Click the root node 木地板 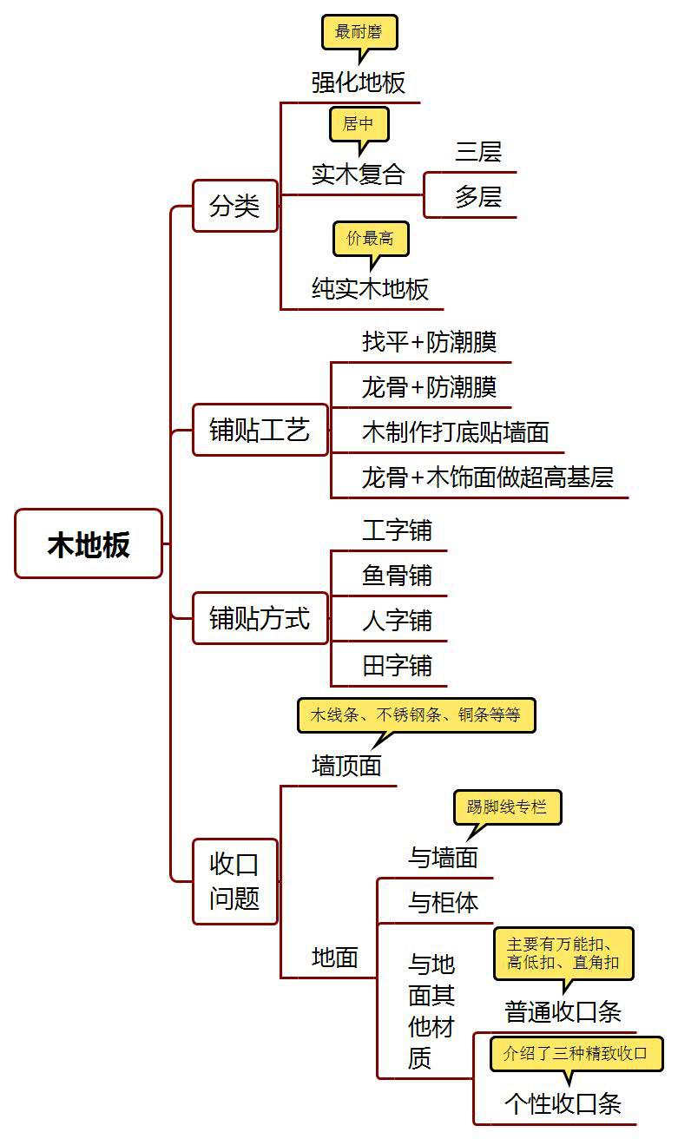click(89, 543)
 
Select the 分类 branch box click(234, 206)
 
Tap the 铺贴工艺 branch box click(260, 430)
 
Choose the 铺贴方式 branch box click(260, 619)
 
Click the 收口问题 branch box click(234, 881)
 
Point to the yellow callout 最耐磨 click(359, 32)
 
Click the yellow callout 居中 click(358, 123)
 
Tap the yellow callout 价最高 click(370, 238)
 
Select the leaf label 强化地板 click(359, 82)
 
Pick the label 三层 click(478, 152)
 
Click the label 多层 click(478, 197)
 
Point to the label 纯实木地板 click(371, 289)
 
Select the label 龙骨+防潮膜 click(429, 386)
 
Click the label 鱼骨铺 click(397, 576)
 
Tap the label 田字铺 click(397, 666)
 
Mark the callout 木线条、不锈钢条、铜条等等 click(416, 715)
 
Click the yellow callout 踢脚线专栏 click(507, 807)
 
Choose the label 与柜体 click(443, 903)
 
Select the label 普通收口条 click(563, 1011)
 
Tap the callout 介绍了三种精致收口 click(576, 1054)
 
